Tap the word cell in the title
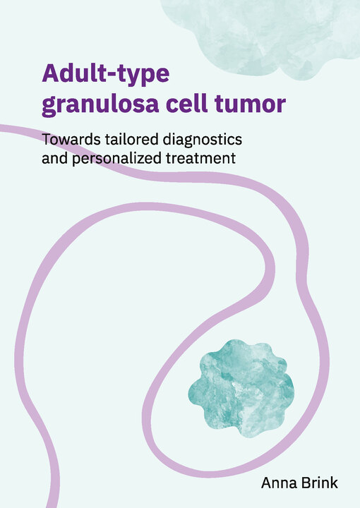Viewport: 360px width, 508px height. click(187, 103)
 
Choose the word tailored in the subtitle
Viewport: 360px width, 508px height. click(132, 139)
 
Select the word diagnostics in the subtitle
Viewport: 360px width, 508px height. click(203, 140)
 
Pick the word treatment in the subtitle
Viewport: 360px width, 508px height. click(201, 159)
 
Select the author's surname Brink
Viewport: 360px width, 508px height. click(319, 483)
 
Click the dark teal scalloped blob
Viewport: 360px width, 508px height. click(241, 388)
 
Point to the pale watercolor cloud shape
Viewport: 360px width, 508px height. click(259, 36)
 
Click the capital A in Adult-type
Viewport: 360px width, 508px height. click(51, 73)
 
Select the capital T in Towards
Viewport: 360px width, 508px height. click(47, 140)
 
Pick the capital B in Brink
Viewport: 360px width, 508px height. click(306, 483)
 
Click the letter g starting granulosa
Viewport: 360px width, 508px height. click(49, 107)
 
